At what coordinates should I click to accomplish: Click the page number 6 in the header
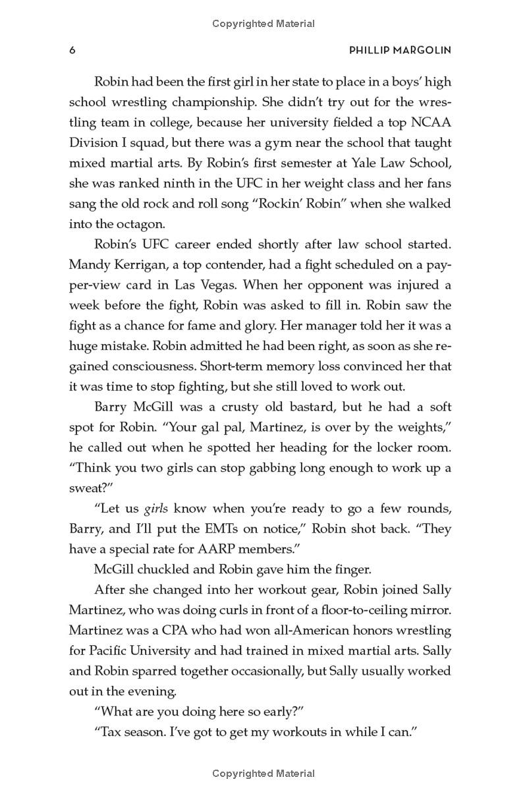coord(72,51)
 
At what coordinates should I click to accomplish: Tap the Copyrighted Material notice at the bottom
coord(263,774)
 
